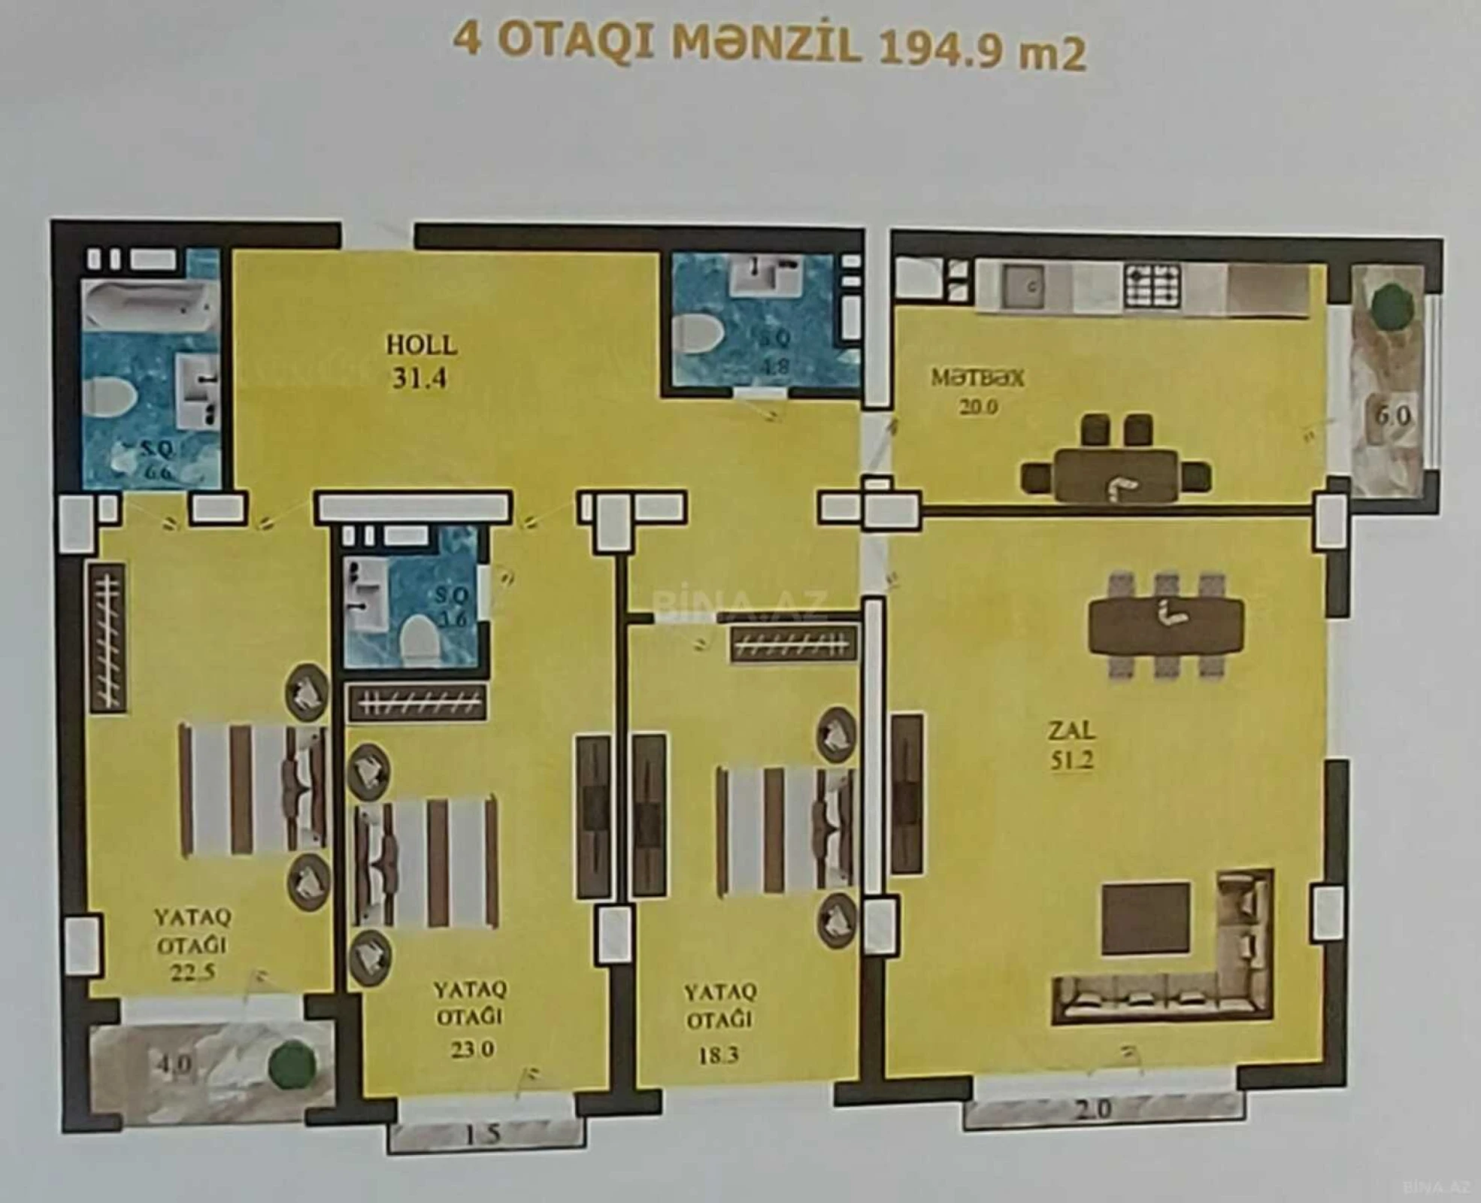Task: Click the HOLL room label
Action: click(421, 346)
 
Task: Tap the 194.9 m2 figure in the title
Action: click(981, 50)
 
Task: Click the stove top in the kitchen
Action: click(1152, 286)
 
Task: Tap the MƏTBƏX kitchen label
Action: click(977, 377)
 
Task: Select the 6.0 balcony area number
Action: click(1392, 416)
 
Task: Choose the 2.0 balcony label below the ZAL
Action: click(1092, 1110)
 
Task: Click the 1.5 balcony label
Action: click(482, 1134)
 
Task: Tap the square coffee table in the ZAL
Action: click(1146, 919)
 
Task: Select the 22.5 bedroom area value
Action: click(192, 972)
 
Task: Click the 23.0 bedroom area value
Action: click(471, 1047)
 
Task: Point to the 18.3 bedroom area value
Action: click(718, 1055)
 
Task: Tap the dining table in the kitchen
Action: click(1116, 475)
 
